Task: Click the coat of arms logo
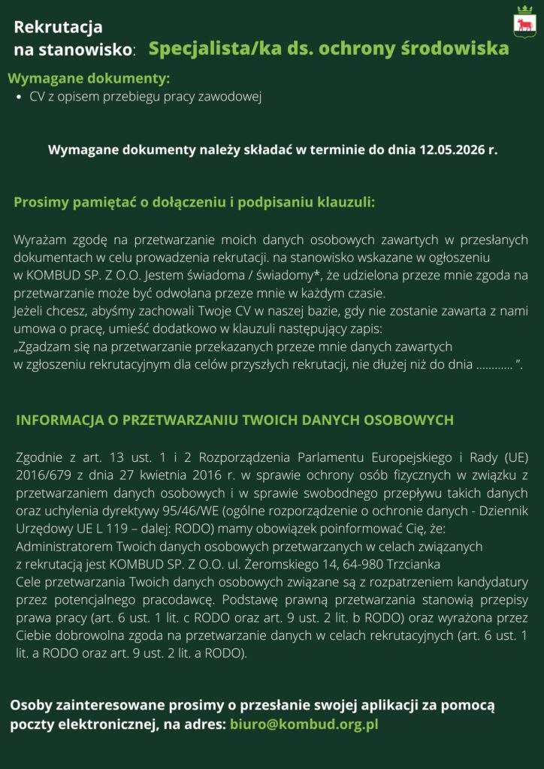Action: (x=523, y=22)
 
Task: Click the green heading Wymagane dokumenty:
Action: (x=89, y=78)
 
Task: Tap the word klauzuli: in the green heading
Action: (x=347, y=202)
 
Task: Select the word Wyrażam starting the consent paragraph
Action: (x=38, y=240)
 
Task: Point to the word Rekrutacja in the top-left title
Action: (x=58, y=28)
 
